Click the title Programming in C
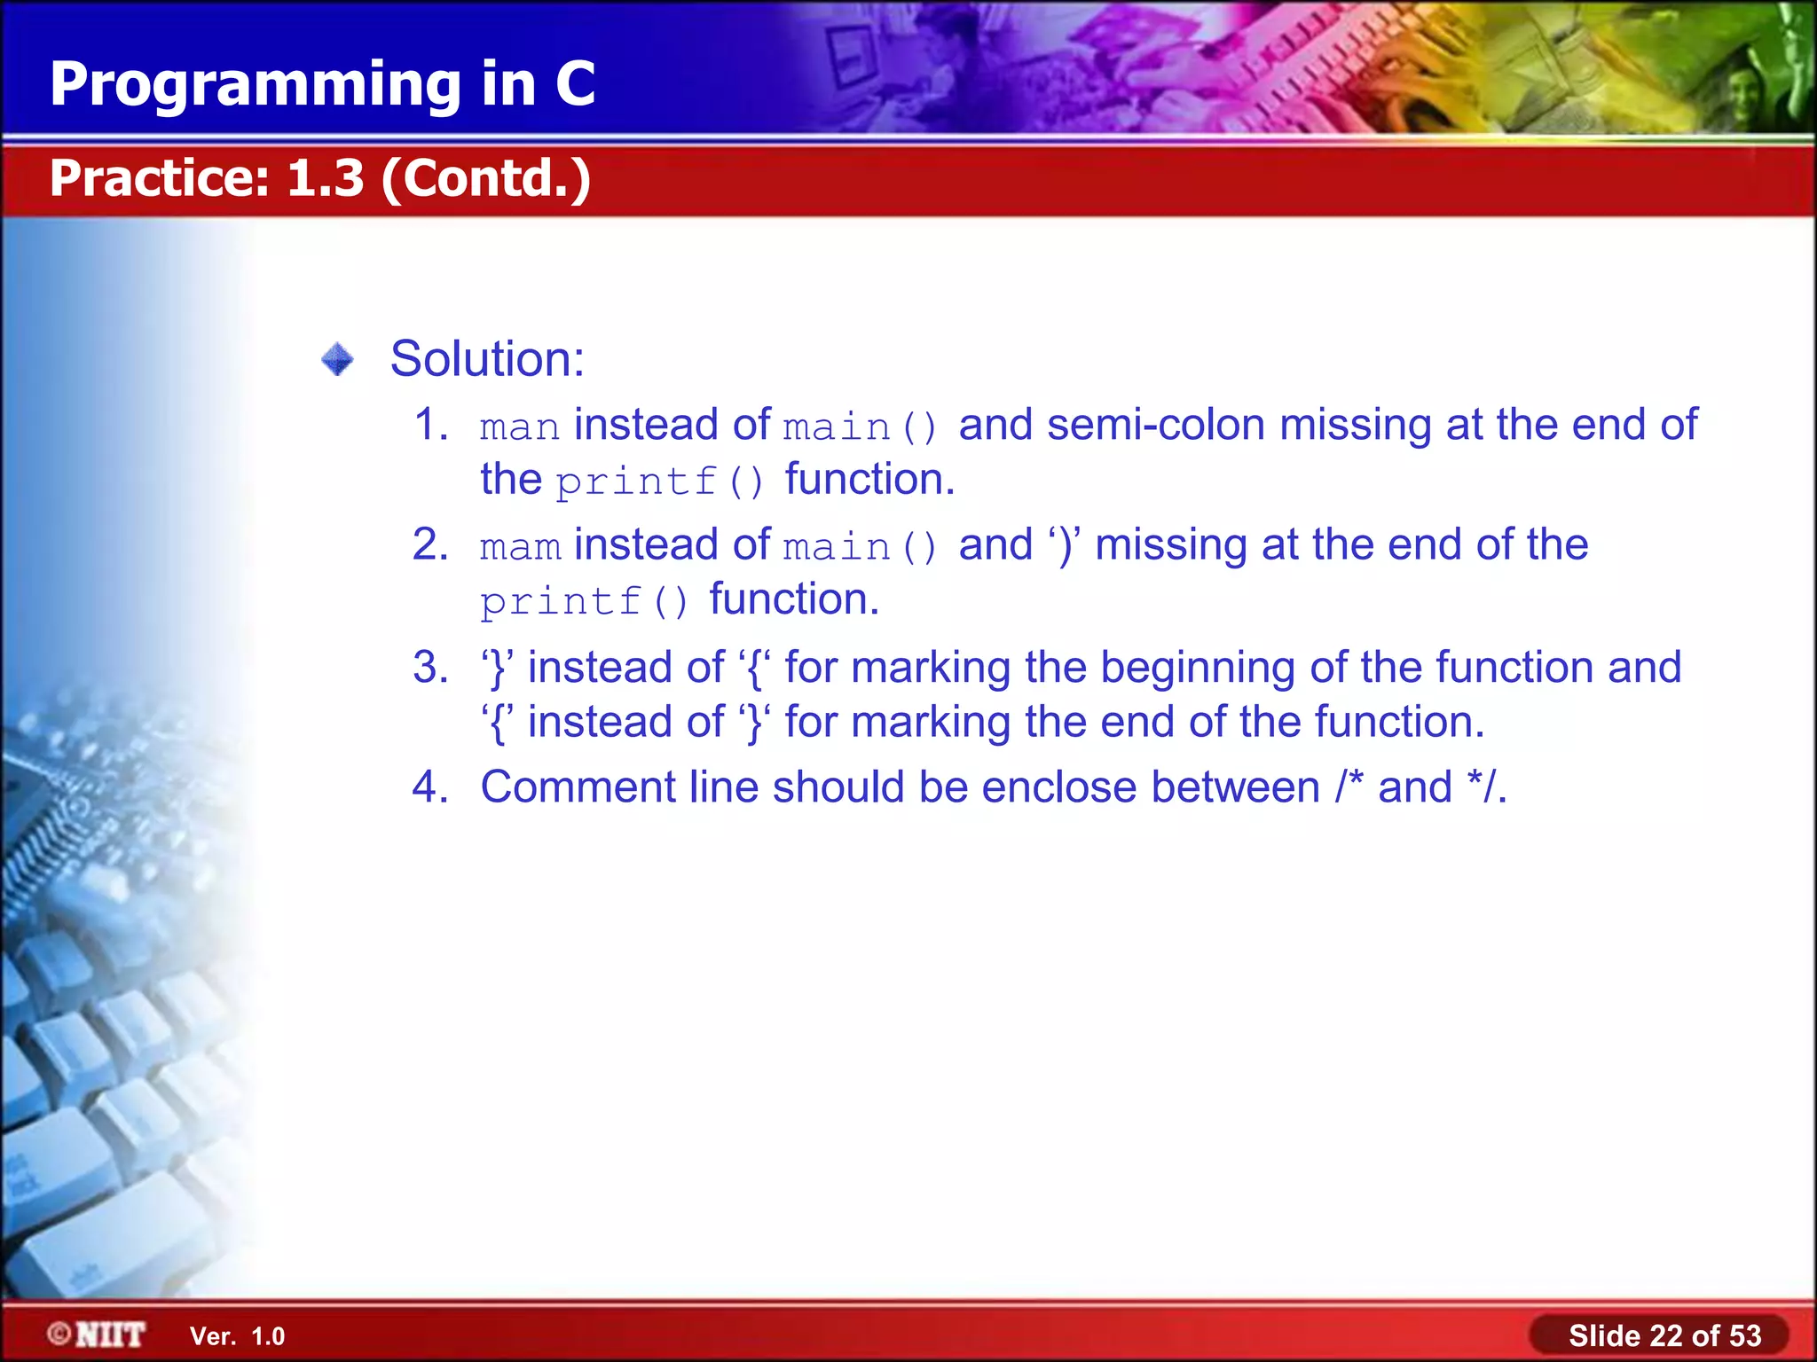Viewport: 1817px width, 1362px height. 322,84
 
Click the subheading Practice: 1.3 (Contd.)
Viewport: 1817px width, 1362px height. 319,178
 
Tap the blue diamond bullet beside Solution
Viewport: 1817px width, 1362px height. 337,360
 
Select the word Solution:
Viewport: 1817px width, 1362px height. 487,359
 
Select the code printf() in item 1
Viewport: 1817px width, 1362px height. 659,482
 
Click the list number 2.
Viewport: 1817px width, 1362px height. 430,544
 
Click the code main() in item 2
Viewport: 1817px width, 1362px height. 860,547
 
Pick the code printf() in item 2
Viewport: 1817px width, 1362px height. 584,602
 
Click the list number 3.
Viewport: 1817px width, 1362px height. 430,668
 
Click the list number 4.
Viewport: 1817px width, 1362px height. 430,787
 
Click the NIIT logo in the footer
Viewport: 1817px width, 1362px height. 98,1335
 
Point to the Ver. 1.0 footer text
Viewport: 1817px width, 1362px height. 237,1336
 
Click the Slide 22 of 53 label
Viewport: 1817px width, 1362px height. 1664,1335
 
